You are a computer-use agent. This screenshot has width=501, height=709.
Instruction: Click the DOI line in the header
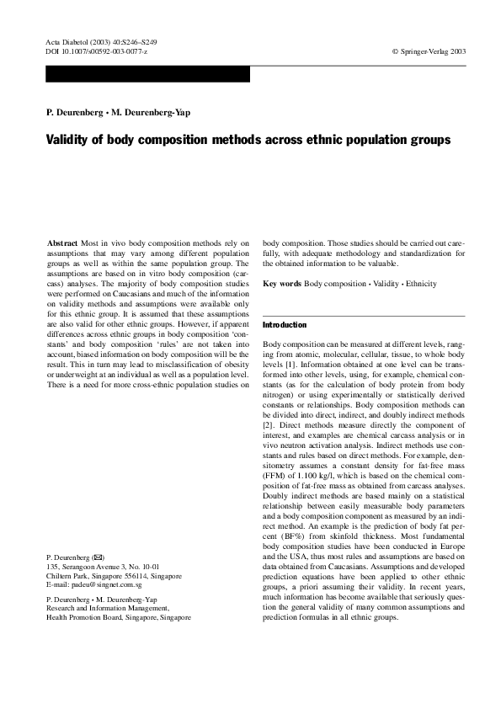coord(96,51)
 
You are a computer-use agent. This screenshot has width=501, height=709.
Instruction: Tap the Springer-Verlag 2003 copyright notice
coord(429,51)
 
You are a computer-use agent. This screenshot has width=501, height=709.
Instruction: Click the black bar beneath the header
coord(147,74)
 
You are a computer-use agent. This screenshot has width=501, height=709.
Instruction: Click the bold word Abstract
coord(61,243)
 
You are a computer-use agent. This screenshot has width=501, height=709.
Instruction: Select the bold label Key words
coord(282,284)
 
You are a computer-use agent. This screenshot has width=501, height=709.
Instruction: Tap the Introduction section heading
coord(285,324)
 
